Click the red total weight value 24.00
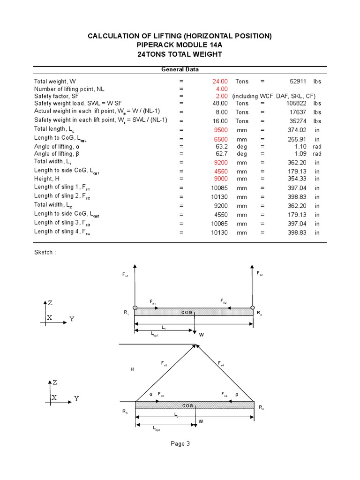[220, 81]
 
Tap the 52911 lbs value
[298, 81]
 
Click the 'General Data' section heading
[180, 69]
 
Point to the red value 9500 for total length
[220, 130]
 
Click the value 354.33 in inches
[298, 179]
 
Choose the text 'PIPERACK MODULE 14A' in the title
[180, 45]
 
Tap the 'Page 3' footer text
[180, 444]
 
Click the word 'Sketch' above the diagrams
[44, 252]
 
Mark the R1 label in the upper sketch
[127, 313]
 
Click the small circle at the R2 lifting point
[253, 308]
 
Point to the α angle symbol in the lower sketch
[151, 395]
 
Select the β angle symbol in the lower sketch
[237, 395]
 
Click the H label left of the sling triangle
[132, 370]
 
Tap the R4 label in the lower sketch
[261, 408]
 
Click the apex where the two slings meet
[195, 345]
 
